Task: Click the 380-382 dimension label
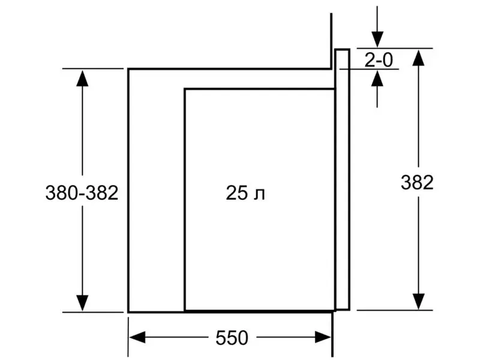point(82,193)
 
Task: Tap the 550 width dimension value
point(232,338)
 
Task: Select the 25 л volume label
point(245,193)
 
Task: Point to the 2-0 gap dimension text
point(379,59)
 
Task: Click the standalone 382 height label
point(417,182)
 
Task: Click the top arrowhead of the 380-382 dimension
point(82,78)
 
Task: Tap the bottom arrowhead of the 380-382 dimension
point(82,303)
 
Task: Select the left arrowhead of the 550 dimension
point(137,337)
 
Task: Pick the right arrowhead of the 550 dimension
point(323,337)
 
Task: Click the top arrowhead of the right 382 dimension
point(418,57)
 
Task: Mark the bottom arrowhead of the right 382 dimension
point(418,302)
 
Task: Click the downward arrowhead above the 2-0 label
point(377,40)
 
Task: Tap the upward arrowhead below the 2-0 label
point(377,79)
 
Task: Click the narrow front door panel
point(342,179)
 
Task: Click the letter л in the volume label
point(260,195)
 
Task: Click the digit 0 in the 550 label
point(243,338)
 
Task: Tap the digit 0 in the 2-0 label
point(387,59)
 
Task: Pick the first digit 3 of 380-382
point(51,193)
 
